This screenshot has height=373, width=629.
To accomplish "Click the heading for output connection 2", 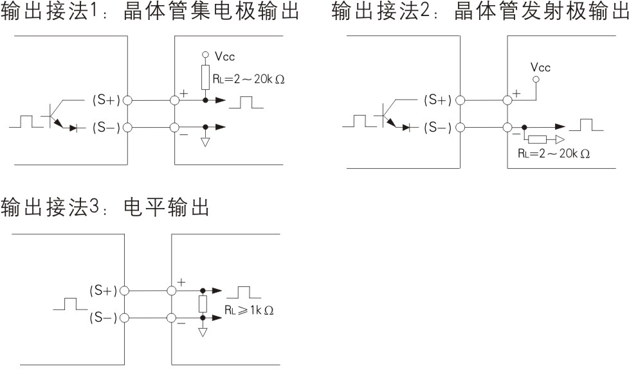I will click(x=480, y=13).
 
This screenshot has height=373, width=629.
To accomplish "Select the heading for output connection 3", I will click(x=105, y=208).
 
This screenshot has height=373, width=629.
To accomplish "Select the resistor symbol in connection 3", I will click(x=203, y=304).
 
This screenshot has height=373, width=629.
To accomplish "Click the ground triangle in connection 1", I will click(x=206, y=141).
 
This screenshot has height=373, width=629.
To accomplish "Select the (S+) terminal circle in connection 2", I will click(x=460, y=100).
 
